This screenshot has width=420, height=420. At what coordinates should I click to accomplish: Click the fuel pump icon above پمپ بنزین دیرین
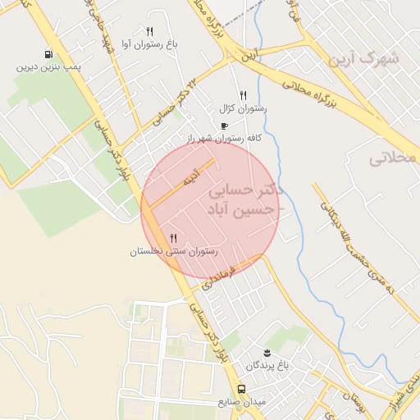click(52, 53)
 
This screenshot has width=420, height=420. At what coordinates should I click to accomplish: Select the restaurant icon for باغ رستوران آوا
click(149, 31)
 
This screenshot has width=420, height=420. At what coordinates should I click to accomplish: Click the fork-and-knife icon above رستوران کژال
click(243, 96)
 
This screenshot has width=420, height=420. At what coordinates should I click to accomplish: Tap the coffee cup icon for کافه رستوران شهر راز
click(224, 126)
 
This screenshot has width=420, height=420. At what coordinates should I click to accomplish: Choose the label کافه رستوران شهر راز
click(229, 138)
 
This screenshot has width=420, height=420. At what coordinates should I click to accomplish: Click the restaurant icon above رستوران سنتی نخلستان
click(173, 238)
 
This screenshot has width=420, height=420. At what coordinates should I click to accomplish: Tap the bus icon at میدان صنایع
click(241, 389)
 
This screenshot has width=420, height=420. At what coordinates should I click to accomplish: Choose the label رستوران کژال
click(238, 108)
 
